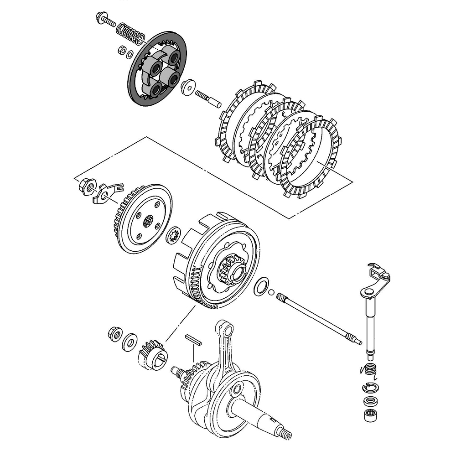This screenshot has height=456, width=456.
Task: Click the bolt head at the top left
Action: click(100, 19)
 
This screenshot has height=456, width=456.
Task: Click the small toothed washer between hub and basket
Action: click(174, 235)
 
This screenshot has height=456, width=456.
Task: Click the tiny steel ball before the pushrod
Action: click(272, 292)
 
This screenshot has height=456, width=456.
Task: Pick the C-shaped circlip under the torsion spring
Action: click(370, 388)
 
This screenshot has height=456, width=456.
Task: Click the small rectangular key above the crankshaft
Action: click(193, 340)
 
